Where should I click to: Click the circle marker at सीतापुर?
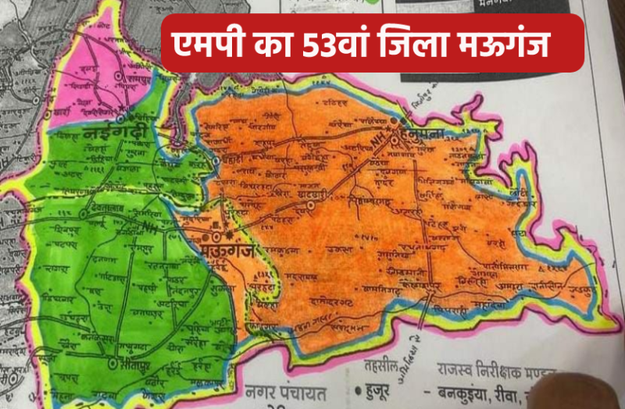point(112,363)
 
